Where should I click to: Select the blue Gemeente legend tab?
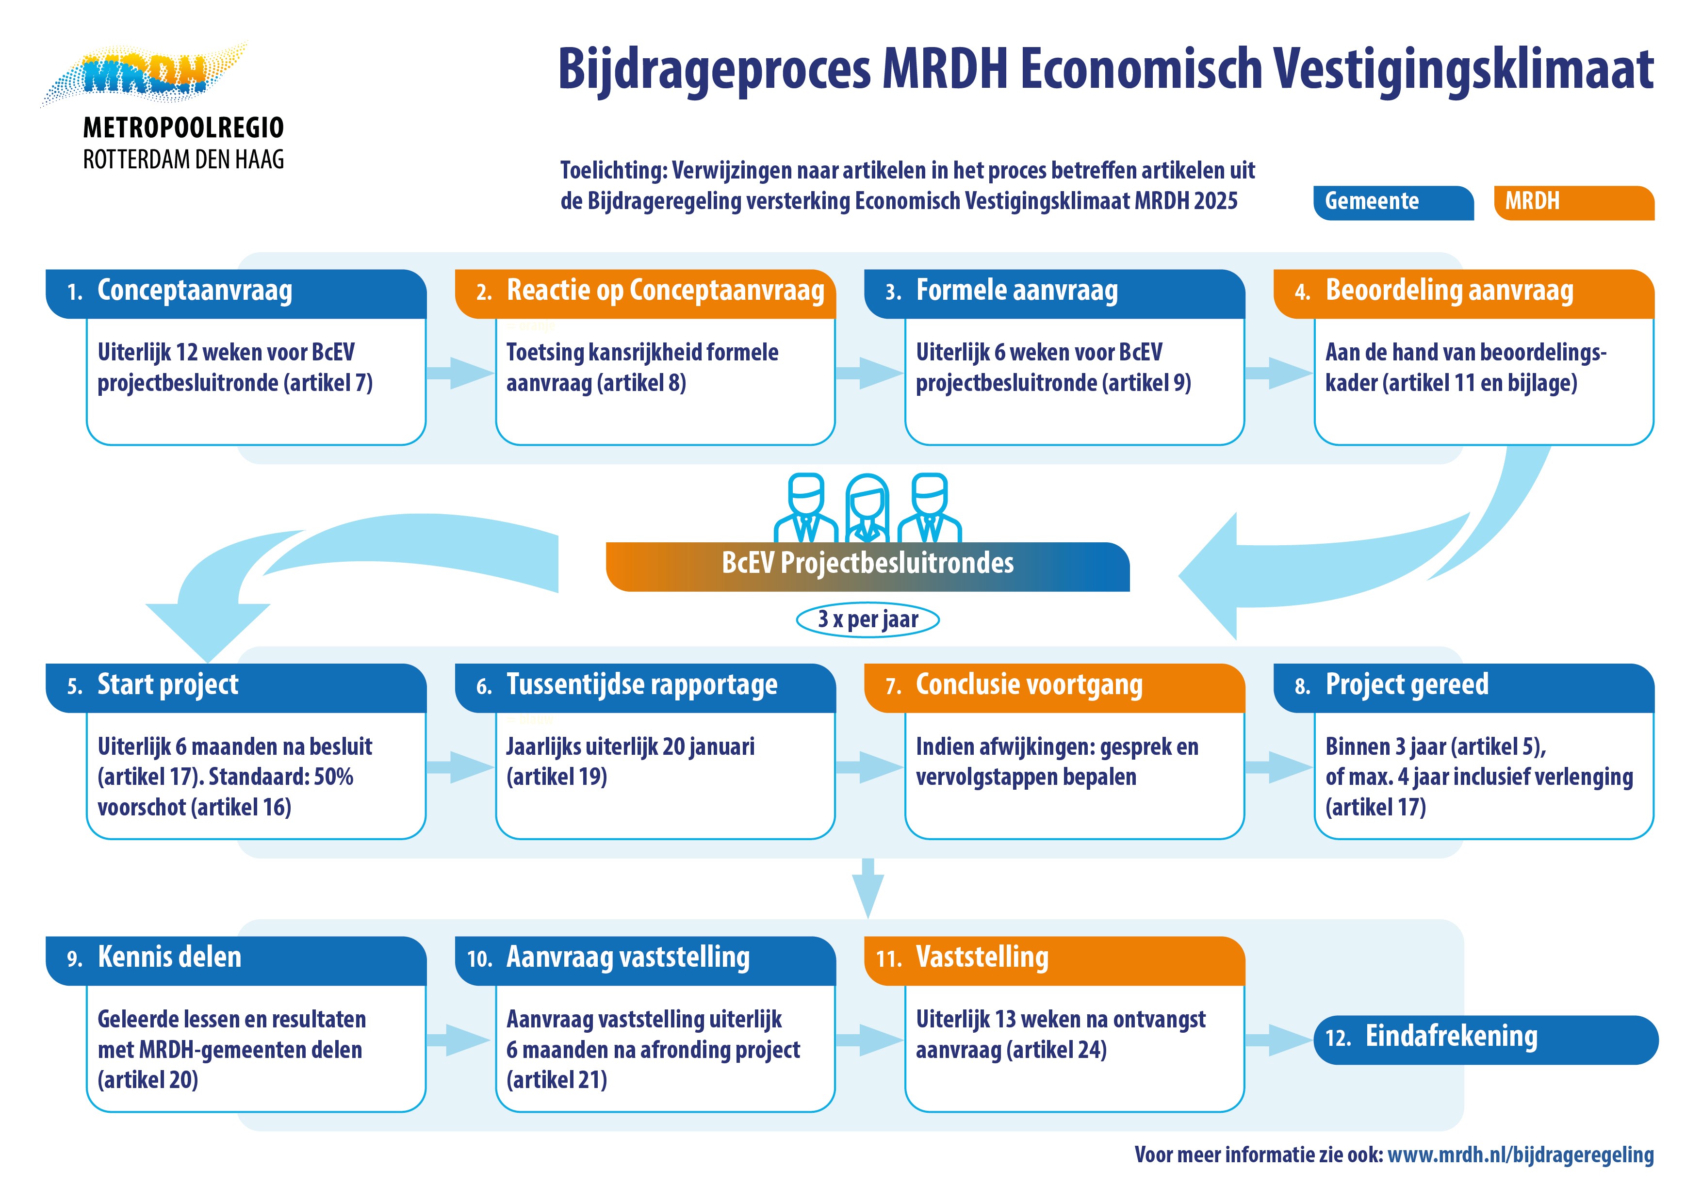click(x=1392, y=202)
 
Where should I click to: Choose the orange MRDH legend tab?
click(x=1573, y=202)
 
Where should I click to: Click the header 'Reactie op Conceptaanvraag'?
click(x=664, y=292)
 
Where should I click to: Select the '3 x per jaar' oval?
click(x=867, y=619)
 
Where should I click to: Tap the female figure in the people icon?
click(x=867, y=510)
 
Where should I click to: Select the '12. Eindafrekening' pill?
click(x=1486, y=1039)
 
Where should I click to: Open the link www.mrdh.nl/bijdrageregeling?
click(x=1520, y=1155)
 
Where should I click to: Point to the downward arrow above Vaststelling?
click(x=867, y=888)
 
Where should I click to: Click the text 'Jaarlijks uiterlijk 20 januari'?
click(x=630, y=747)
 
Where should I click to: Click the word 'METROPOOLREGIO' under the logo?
click(x=183, y=128)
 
